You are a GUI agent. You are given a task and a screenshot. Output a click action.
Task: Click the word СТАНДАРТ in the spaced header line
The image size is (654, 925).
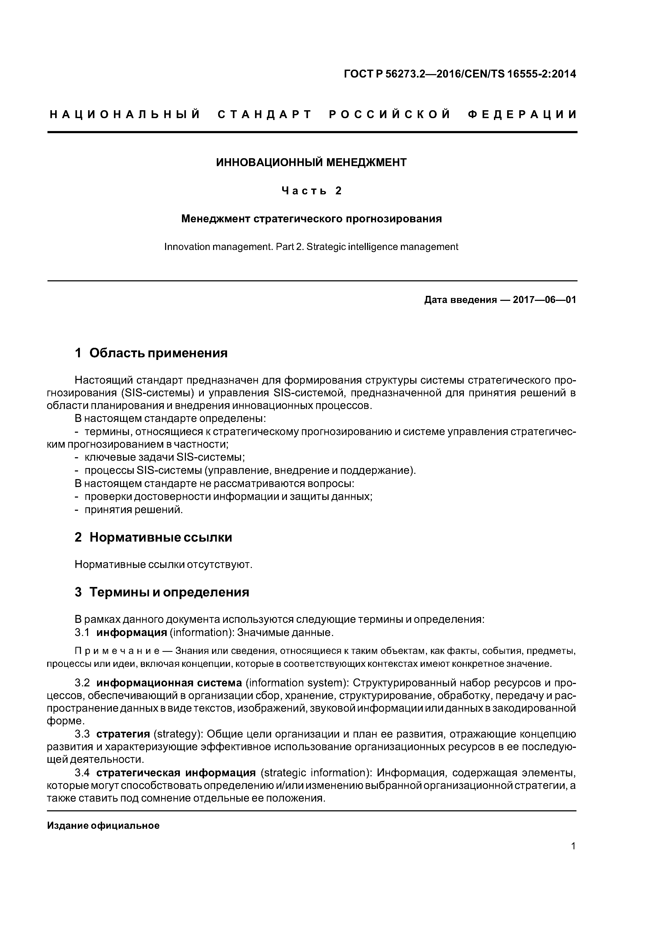[265, 115]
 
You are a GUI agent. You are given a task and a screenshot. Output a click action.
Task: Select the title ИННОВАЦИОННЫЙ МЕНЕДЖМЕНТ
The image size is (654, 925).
[311, 162]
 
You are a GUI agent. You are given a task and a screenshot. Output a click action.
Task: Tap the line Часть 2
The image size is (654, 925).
[311, 191]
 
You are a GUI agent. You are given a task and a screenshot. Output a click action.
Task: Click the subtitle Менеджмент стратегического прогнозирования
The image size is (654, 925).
[311, 219]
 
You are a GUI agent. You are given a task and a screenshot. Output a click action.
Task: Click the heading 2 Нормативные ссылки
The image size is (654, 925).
[153, 537]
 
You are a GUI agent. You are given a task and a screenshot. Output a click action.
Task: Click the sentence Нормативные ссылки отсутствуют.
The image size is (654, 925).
[163, 565]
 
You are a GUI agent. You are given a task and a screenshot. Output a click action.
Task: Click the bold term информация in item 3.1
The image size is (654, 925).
[132, 633]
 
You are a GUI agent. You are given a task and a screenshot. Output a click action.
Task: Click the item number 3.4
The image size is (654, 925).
[82, 773]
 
